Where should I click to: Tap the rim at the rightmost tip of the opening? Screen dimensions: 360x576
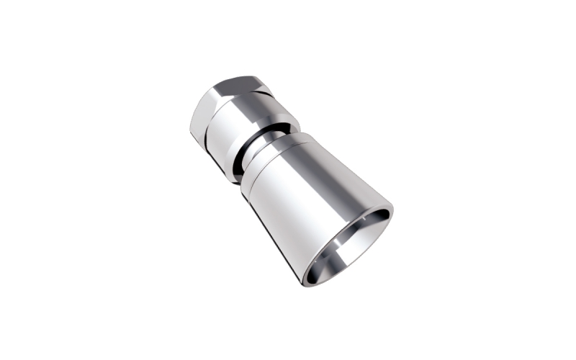pyautogui.click(x=392, y=210)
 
